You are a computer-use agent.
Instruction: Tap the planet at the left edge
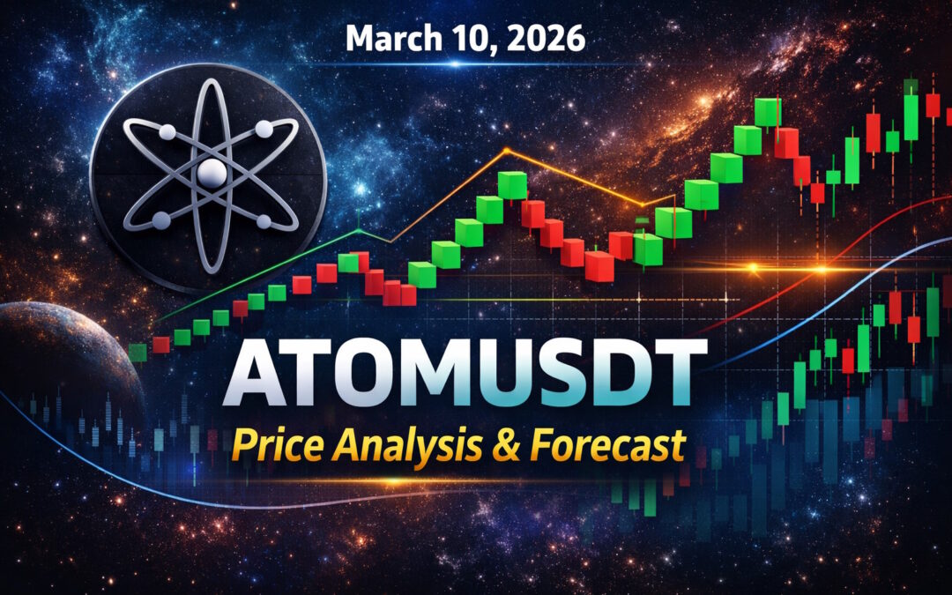[62, 370]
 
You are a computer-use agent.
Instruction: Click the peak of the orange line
[509, 152]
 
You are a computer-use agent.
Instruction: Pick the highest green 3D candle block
[768, 112]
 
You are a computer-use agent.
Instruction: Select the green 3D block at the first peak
[511, 185]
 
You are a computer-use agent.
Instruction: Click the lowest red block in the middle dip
[599, 265]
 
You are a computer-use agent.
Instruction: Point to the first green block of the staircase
[138, 353]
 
